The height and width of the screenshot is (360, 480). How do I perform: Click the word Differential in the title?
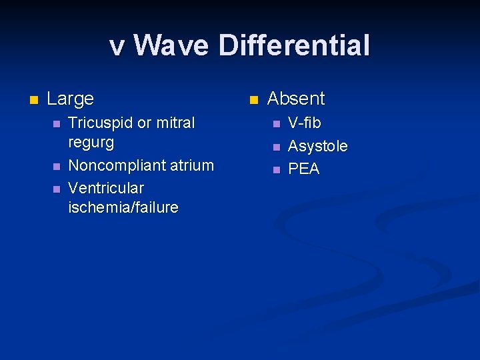293,46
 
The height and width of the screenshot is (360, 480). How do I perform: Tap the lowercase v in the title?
117,47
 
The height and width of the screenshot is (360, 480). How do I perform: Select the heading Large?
70,99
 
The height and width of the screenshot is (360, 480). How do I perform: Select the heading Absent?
295,99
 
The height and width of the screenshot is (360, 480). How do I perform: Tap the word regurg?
91,143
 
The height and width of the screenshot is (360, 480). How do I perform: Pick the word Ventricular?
106,187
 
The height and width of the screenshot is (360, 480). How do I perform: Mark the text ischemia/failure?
123,207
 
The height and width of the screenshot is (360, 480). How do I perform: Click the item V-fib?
304,123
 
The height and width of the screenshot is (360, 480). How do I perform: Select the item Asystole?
317,146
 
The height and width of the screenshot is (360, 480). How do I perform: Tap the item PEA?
303,169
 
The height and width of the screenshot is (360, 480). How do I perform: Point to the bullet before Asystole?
276,147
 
